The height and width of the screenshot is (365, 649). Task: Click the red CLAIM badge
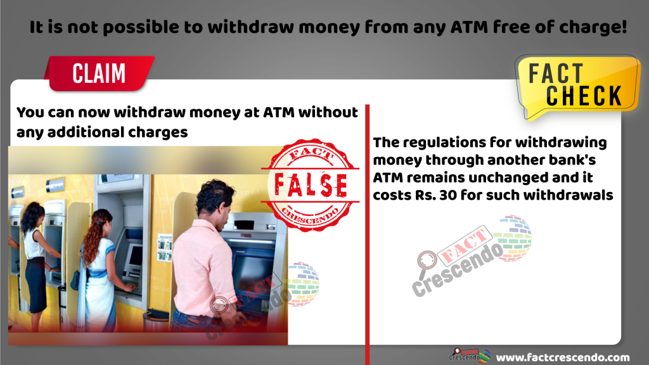[x=100, y=74]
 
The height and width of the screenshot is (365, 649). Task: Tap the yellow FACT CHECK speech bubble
[x=577, y=86]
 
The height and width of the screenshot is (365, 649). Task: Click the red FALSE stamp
[x=311, y=184]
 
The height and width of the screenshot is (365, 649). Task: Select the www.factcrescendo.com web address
[x=563, y=357]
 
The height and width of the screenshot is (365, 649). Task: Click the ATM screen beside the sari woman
[x=136, y=256]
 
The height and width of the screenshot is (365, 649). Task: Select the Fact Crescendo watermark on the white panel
[x=472, y=256]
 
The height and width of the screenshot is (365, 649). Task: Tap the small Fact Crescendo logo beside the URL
[x=470, y=355]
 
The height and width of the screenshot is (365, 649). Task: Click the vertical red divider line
[x=367, y=234]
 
